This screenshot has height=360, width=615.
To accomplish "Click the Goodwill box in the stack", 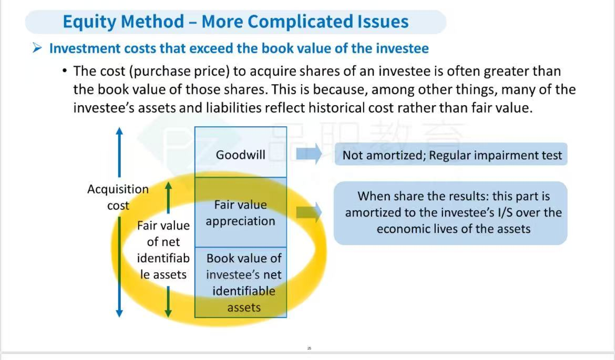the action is pyautogui.click(x=240, y=152).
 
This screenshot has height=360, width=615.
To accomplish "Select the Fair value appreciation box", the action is pyautogui.click(x=240, y=212).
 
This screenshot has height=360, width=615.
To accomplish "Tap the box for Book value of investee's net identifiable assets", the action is pyautogui.click(x=240, y=282).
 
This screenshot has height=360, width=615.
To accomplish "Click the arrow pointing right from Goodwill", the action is pyautogui.click(x=309, y=154).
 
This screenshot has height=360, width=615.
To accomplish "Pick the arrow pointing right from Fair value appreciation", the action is pyautogui.click(x=309, y=212).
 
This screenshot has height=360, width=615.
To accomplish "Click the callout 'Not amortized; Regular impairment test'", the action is pyautogui.click(x=451, y=155).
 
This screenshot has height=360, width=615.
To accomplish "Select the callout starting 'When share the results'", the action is pyautogui.click(x=450, y=213).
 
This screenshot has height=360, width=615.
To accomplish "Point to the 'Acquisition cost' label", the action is pyautogui.click(x=118, y=197).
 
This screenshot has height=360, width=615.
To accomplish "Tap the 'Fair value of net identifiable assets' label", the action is pyautogui.click(x=163, y=250).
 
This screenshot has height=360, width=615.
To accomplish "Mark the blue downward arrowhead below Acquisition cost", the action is pyautogui.click(x=119, y=313).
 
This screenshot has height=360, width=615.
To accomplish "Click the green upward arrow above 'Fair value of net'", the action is pyautogui.click(x=168, y=197).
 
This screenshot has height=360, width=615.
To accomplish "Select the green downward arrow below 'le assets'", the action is pyautogui.click(x=168, y=302).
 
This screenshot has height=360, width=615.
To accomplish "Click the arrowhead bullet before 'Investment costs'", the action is pyautogui.click(x=37, y=48).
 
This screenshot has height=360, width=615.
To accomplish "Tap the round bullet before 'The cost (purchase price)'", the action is pyautogui.click(x=64, y=71).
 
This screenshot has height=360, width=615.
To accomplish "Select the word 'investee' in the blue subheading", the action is pyautogui.click(x=402, y=48).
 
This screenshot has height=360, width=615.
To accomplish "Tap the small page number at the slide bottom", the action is pyautogui.click(x=309, y=348).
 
